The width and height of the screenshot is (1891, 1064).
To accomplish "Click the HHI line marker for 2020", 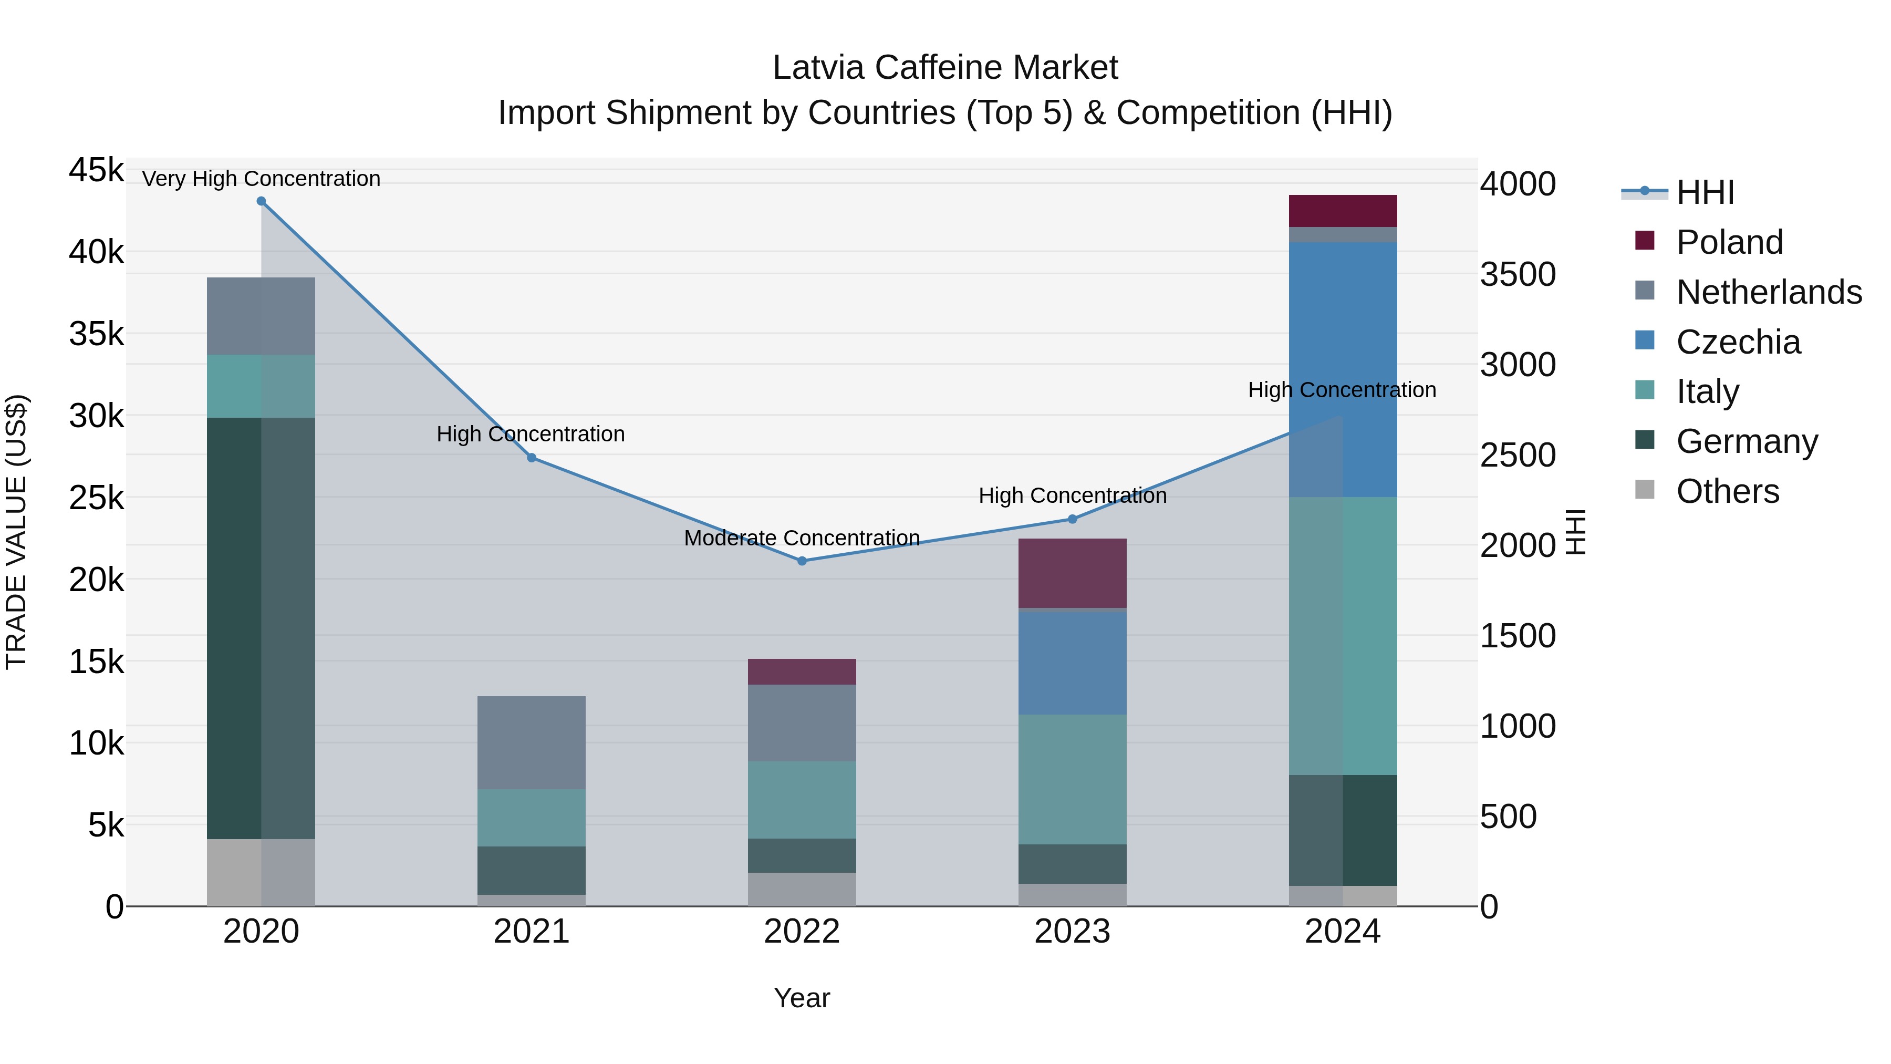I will [x=262, y=201].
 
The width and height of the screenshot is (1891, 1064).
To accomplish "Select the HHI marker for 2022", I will [x=802, y=561].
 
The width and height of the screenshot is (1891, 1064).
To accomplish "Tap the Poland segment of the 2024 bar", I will [x=1343, y=211].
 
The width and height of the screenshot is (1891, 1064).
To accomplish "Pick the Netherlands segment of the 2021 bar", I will [x=532, y=742].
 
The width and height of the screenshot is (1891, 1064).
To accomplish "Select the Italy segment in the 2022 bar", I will [x=802, y=800].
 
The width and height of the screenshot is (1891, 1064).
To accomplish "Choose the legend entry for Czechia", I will [x=1738, y=342].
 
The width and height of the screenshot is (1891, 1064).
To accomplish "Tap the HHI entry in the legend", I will [x=1705, y=192].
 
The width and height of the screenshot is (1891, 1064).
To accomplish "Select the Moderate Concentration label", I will [x=802, y=538].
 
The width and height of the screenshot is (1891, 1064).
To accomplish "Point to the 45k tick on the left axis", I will [x=96, y=170].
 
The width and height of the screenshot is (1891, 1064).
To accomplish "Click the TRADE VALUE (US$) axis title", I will [x=16, y=532].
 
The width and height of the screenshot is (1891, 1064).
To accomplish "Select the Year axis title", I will [x=802, y=998].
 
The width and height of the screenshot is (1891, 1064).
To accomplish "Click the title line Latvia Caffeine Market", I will [x=945, y=68].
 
